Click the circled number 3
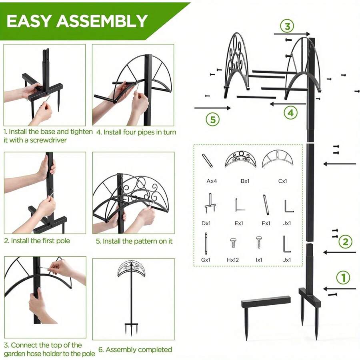[287, 26]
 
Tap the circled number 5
[213, 119]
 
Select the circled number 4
[290, 113]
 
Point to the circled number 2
[345, 242]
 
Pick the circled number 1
[343, 278]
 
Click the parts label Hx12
[233, 260]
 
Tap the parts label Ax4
[212, 181]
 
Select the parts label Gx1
[206, 260]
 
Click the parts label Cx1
[283, 181]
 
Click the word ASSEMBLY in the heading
[102, 21]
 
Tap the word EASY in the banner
[29, 21]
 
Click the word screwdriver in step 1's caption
[48, 140]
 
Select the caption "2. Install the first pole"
[37, 241]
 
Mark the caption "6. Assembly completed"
[135, 350]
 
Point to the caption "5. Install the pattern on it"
[134, 241]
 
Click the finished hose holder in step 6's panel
[131, 298]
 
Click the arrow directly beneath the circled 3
[292, 34]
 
